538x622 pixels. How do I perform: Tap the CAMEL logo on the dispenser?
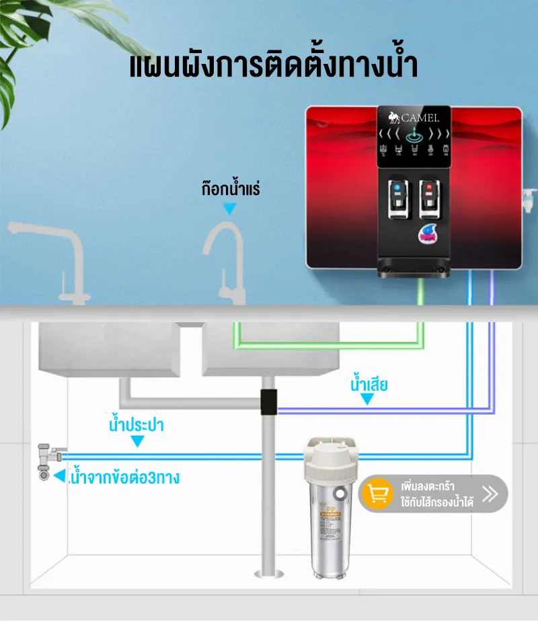click(x=414, y=118)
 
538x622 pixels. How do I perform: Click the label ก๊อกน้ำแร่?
click(x=230, y=189)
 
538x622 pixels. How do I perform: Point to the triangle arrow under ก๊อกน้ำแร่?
click(x=230, y=210)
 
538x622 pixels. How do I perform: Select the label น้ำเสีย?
click(x=369, y=385)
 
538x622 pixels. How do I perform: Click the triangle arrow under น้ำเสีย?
click(x=367, y=399)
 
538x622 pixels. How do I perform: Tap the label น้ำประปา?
click(x=137, y=426)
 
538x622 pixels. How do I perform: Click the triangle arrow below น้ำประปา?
click(x=137, y=442)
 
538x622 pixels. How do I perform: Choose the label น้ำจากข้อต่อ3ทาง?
click(x=124, y=479)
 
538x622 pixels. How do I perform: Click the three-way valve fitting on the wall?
click(x=46, y=461)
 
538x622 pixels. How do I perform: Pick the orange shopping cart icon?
click(x=378, y=494)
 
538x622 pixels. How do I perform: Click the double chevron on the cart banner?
click(x=490, y=494)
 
